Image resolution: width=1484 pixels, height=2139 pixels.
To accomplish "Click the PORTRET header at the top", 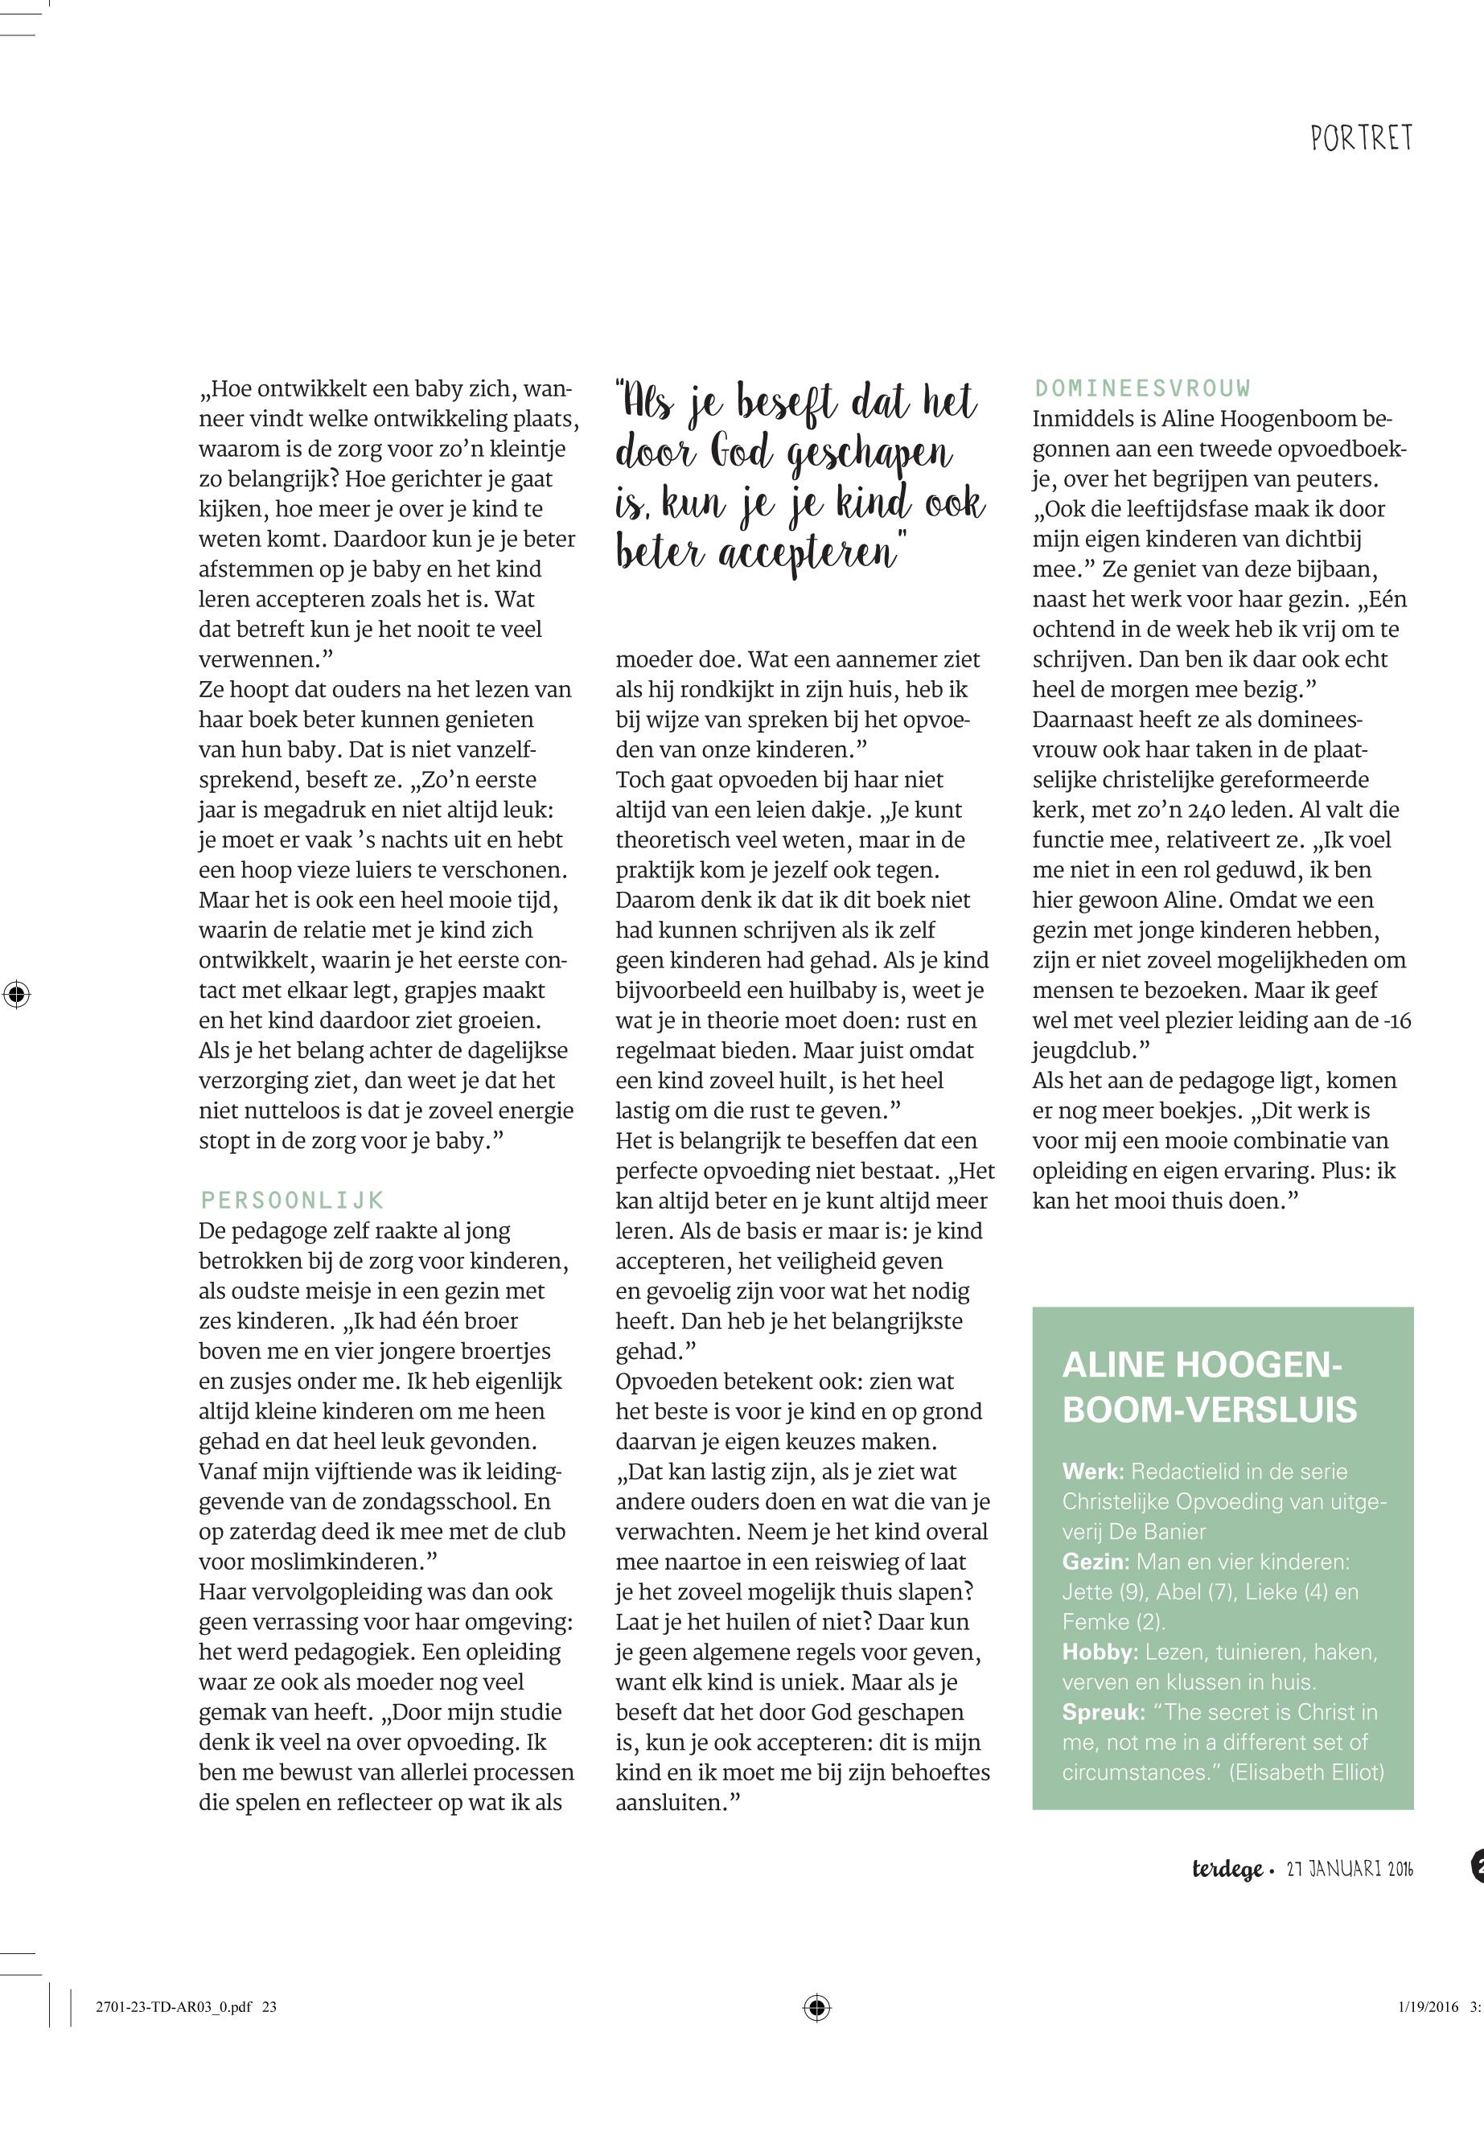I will [x=1361, y=139].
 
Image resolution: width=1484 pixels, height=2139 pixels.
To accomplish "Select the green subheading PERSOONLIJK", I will [x=292, y=1199].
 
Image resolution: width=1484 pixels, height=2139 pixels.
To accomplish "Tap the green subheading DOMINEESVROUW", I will [x=1142, y=388].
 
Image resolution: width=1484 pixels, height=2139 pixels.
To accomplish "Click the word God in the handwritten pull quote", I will [x=742, y=454].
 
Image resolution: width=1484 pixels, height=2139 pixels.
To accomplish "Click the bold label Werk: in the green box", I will [x=1093, y=1472].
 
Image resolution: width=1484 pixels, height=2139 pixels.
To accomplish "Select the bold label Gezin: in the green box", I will [x=1096, y=1562].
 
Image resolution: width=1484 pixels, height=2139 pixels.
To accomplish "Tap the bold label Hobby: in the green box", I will [x=1100, y=1652].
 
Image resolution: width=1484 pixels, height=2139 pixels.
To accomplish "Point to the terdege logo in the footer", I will [x=1227, y=1869].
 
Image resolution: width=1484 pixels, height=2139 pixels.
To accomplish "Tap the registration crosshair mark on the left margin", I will [x=16, y=994].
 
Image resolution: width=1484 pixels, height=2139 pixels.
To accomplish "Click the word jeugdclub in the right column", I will [x=1083, y=1051].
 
